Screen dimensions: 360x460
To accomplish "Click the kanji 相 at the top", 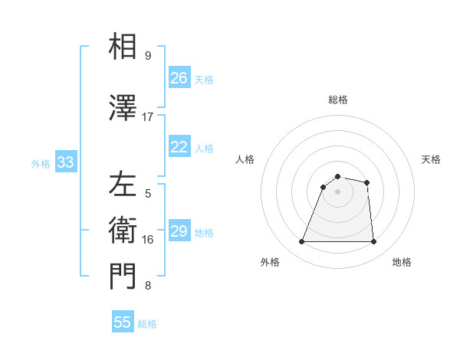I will pos(123,47).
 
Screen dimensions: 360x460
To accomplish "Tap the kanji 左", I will pos(123,185).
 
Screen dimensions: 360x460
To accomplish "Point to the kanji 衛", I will pos(123,230).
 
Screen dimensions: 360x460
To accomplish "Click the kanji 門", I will pos(123,277).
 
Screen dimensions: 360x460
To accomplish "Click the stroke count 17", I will pos(148,117).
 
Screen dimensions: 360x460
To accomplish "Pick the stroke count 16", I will pos(148,240).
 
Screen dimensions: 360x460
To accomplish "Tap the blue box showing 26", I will pos(179,78).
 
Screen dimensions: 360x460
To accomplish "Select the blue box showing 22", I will pos(179,147).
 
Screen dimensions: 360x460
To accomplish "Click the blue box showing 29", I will pos(179,231).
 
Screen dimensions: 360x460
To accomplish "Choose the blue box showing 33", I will pos(65,162).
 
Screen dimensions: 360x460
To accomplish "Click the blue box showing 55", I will pos(123,322).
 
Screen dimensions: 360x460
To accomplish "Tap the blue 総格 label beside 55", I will pos(147,324).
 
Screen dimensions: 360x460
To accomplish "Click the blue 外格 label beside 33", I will pos(41,164).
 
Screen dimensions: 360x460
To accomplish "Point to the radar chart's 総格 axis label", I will pos(338,100).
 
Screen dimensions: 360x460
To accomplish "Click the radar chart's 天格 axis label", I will pos(432,159).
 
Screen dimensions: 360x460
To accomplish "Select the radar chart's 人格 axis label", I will pos(245,159).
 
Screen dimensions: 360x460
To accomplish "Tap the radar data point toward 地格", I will pos(373,242).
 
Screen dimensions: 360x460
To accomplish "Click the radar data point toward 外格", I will pos(302,242).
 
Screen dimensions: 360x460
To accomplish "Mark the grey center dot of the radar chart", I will pos(338,191).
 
